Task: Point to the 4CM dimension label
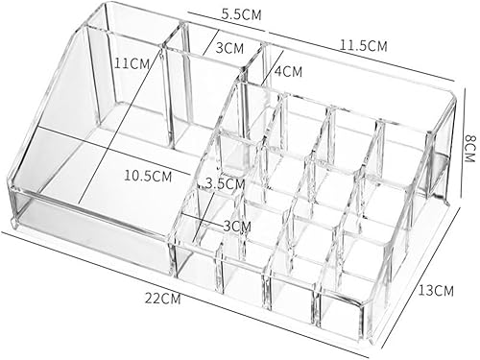[288, 71]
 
